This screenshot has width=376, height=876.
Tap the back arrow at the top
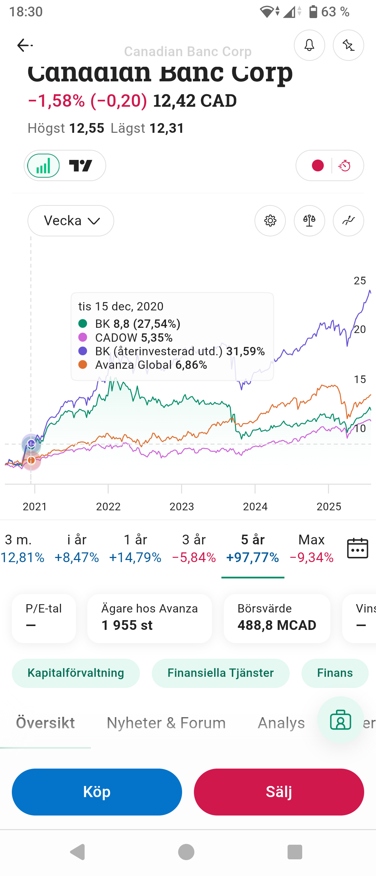coord(24,45)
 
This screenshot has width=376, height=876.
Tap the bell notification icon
coord(309,45)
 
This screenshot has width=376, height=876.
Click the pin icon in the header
coord(348,45)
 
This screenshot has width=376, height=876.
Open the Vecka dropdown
coord(71,221)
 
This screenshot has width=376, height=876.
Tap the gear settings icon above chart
coord(270,221)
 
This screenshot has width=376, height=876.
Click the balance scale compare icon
coord(309,221)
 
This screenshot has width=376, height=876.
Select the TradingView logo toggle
coord(81,166)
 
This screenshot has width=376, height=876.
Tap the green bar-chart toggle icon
coord(44,166)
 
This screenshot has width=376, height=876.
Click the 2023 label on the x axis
coord(181,506)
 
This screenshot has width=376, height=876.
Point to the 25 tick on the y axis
coord(360,281)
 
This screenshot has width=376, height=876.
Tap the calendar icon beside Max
coord(358,549)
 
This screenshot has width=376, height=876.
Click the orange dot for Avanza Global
coord(83,365)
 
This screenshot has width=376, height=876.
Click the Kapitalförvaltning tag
coord(76,673)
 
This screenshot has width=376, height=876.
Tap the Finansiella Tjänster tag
coord(220,673)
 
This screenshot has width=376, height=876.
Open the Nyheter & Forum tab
coord(166,723)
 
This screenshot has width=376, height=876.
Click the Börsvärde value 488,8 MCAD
coord(277,625)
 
